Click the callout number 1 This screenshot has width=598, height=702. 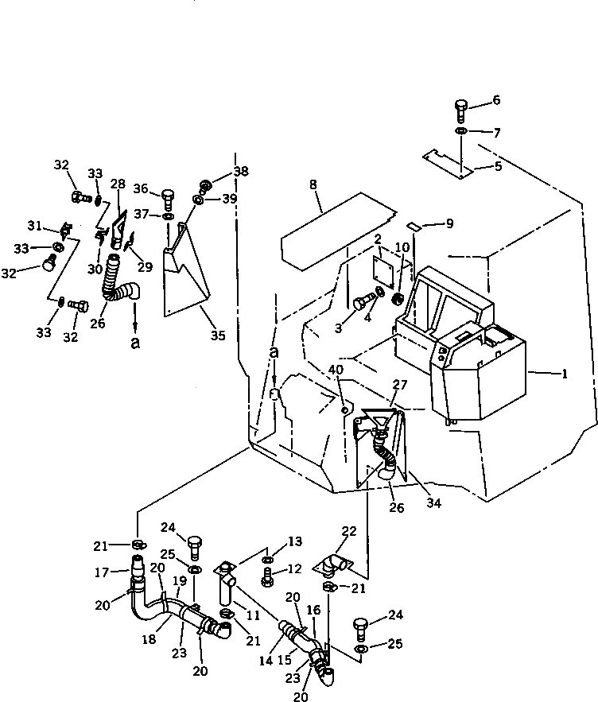click(565, 374)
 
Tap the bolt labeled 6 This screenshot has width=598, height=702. click(461, 111)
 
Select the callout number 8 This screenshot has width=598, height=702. click(313, 184)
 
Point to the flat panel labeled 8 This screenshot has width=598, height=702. click(338, 231)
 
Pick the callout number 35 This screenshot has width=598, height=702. click(218, 335)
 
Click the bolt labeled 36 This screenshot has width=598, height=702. click(168, 200)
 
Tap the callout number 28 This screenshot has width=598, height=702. click(118, 184)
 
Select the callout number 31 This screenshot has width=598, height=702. click(34, 226)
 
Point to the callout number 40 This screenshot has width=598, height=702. click(336, 370)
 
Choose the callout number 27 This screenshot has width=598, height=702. click(399, 385)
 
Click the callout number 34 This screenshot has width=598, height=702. click(433, 502)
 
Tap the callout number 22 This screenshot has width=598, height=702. click(349, 531)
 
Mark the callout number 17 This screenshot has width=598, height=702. click(102, 572)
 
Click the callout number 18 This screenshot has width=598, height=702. click(149, 639)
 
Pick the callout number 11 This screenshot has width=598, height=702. click(253, 615)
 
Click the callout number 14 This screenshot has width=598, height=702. click(266, 661)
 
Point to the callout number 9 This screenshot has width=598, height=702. click(449, 223)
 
